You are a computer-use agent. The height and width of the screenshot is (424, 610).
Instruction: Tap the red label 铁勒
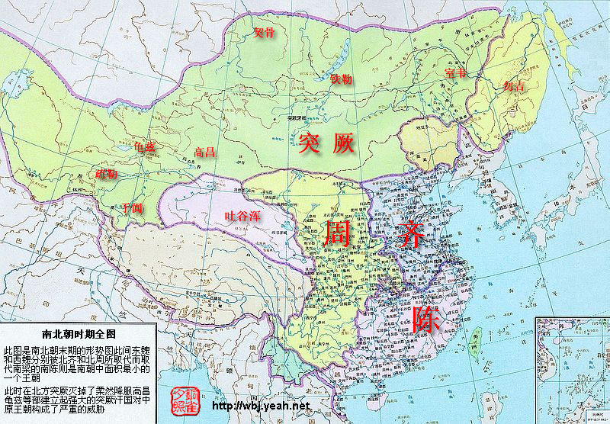click(x=341, y=79)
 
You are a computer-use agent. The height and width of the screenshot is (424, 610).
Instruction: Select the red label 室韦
click(x=454, y=73)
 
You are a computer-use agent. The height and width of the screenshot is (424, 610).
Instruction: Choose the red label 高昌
click(x=204, y=152)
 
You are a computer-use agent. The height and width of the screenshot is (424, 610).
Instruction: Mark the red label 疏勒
click(x=107, y=174)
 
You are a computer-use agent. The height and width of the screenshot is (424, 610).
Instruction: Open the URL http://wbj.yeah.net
click(x=260, y=406)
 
